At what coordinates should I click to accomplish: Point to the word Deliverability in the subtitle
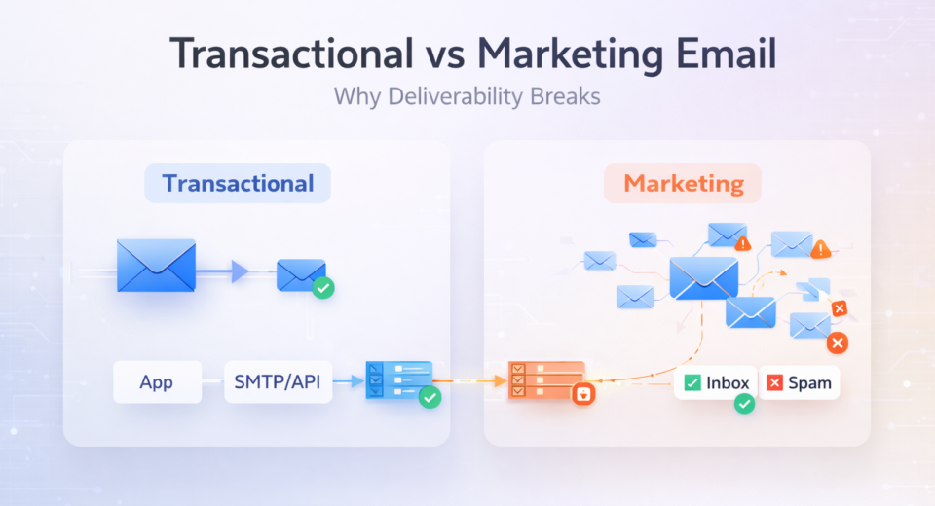point(450,97)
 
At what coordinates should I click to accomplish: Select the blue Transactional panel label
point(238,183)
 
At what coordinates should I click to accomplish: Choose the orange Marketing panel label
point(683,183)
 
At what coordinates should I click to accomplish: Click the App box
point(157,381)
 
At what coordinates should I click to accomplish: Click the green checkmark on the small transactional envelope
point(322,288)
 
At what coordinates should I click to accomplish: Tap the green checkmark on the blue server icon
point(429,397)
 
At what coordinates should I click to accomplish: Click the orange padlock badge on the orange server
point(583,394)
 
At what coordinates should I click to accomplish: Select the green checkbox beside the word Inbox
point(692,382)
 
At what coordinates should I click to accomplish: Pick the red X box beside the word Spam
point(775,382)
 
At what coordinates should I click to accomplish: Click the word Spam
point(810,382)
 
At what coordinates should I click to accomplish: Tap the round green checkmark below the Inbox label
point(744,403)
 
